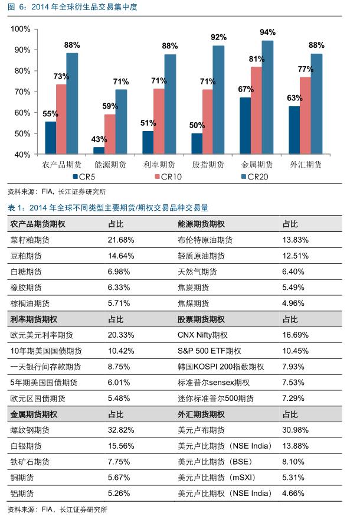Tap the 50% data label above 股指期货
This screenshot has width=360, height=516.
click(197, 125)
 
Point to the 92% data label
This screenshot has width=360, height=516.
click(218, 37)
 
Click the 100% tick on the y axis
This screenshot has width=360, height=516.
click(21, 29)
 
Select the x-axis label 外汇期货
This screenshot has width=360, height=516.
click(306, 164)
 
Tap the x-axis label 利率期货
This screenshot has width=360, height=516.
click(159, 164)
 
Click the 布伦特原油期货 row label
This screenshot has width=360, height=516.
click(205, 240)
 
